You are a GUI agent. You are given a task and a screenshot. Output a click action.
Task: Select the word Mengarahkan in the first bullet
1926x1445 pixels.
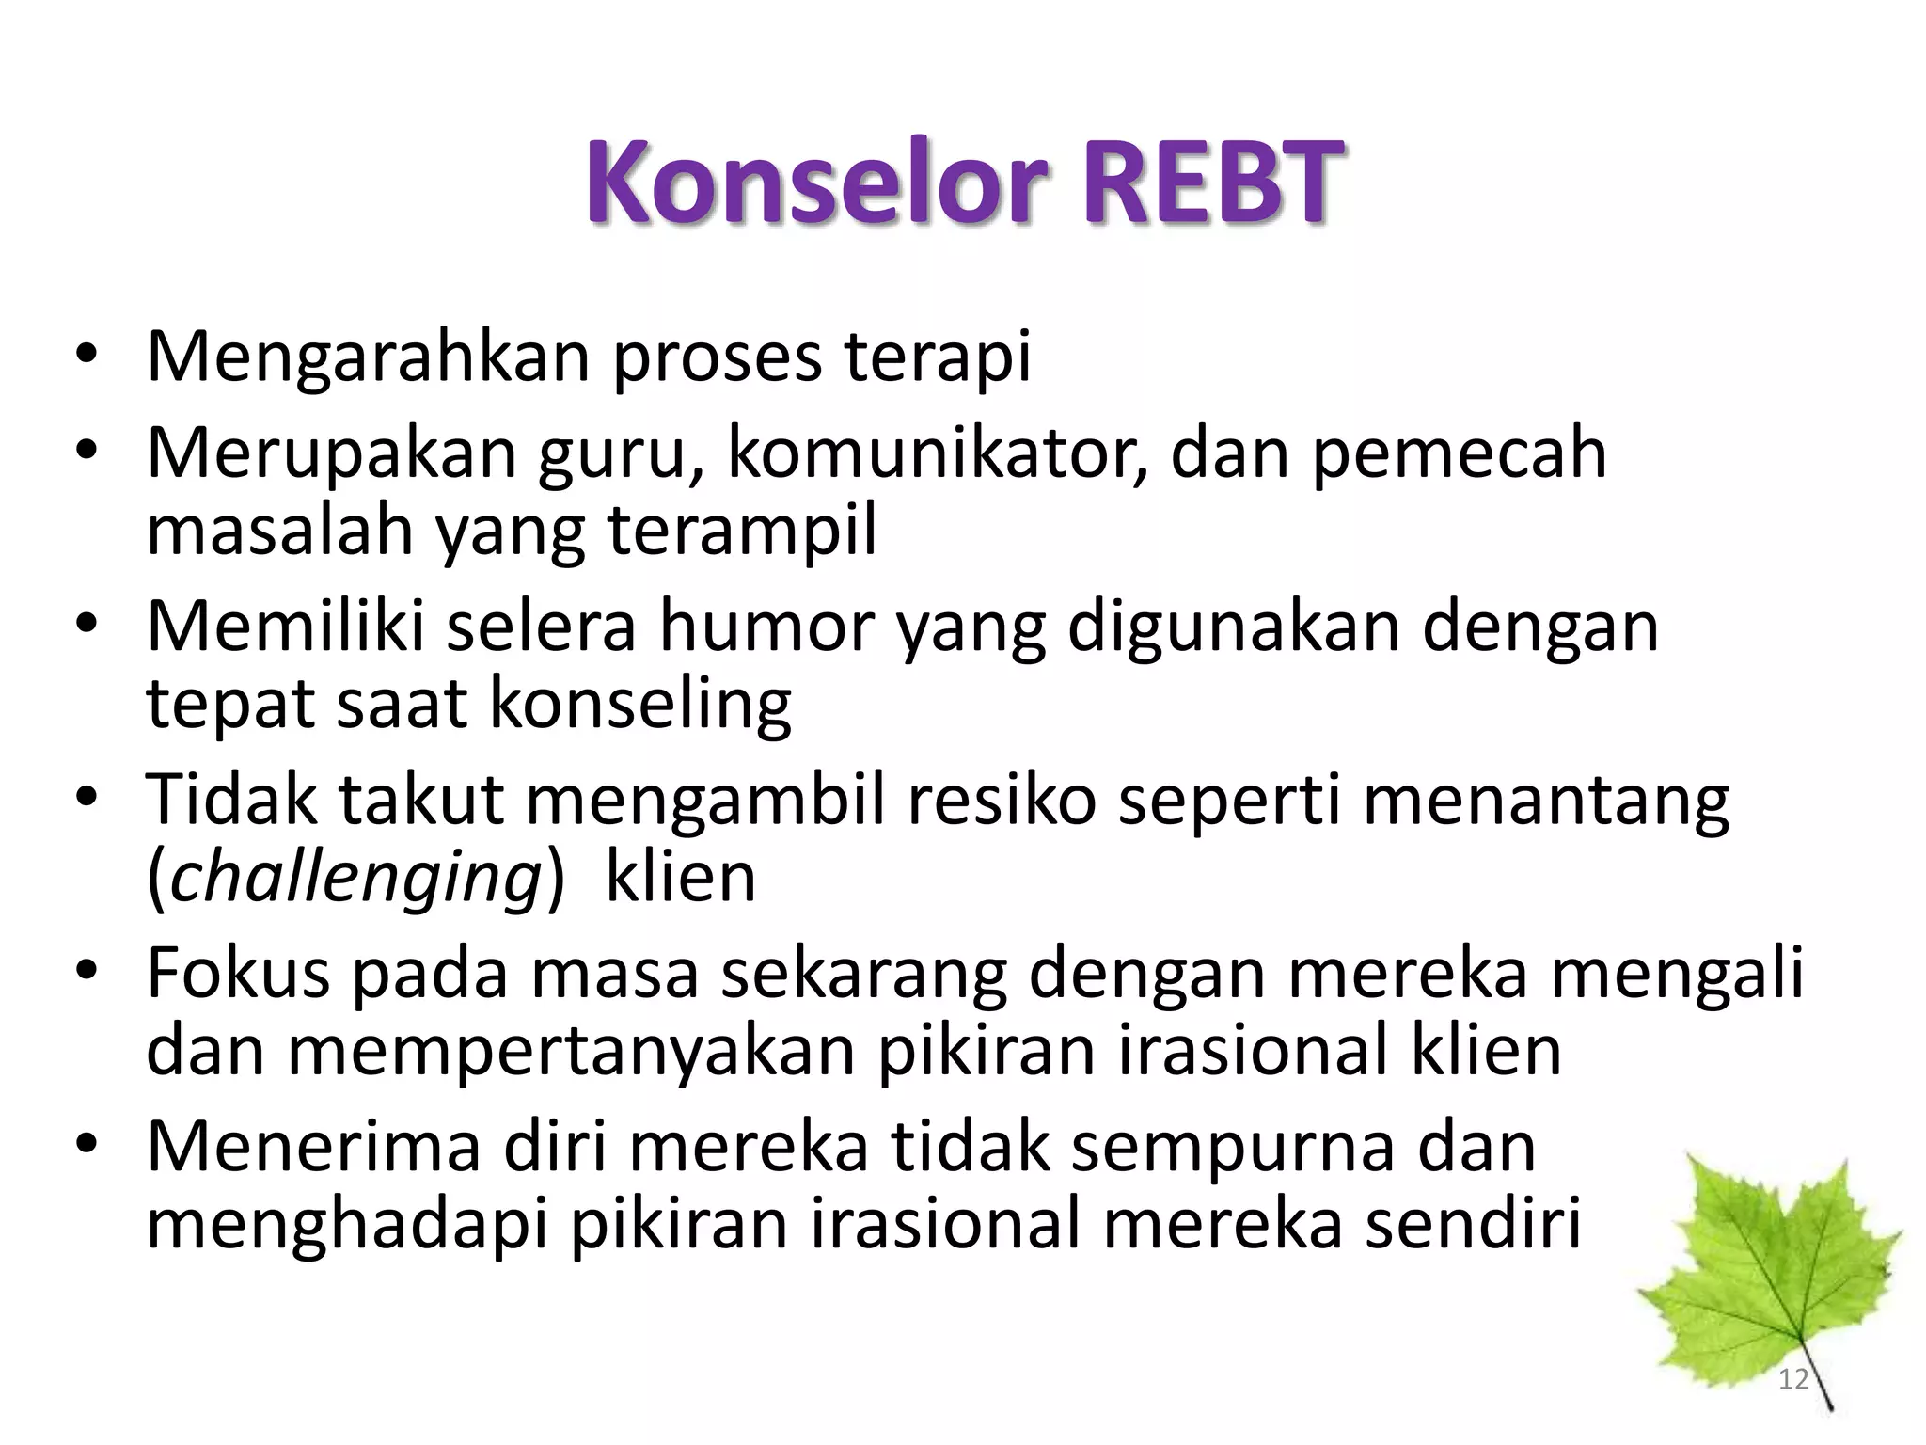click(368, 357)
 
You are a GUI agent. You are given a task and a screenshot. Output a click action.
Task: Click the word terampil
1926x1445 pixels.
click(742, 530)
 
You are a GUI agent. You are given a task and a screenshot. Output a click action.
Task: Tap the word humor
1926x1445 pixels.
click(766, 627)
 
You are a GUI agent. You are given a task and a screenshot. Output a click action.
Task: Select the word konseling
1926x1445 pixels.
click(641, 704)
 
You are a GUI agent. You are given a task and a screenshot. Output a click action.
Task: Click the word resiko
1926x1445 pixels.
click(1002, 801)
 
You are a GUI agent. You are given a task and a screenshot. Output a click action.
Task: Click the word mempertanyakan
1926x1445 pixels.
click(571, 1051)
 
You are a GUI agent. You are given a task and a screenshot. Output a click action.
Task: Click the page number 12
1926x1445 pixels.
click(1793, 1379)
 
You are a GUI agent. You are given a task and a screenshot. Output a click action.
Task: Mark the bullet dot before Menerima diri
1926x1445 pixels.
click(87, 1146)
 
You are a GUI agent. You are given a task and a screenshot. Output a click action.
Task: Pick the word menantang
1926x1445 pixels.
click(1545, 801)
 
